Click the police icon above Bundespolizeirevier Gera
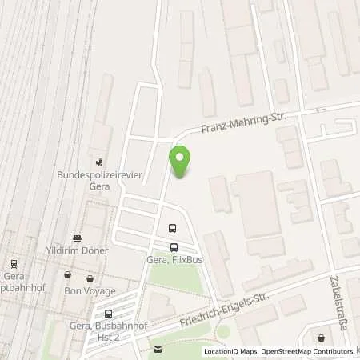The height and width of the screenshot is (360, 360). coord(99,160)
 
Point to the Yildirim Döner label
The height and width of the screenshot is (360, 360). coord(76,250)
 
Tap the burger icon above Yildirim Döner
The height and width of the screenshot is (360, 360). coord(77,238)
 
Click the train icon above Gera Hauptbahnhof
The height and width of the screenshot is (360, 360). coord(14,263)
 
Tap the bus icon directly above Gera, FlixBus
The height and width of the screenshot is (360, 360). coord(174,247)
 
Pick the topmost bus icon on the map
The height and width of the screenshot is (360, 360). coord(172,229)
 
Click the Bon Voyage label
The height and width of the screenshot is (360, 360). coord(90,290)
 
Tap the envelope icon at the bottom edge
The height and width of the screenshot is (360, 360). coord(158,349)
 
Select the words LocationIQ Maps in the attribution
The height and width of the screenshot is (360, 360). coord(231,351)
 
